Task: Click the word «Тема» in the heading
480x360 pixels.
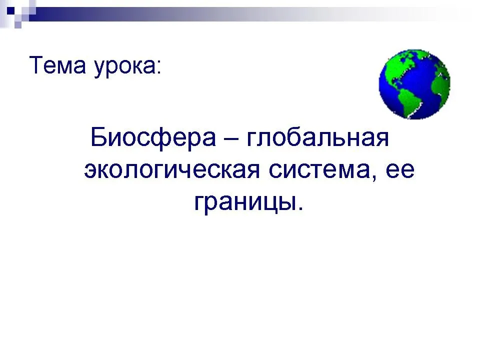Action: pos(57,64)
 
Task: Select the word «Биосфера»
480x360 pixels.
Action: pos(153,138)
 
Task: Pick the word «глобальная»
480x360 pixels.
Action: pos(317,138)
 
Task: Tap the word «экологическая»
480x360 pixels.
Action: pos(172,170)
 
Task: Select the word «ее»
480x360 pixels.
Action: pos(400,170)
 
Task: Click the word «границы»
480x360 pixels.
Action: pos(245,202)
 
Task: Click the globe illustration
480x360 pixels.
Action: pos(414,84)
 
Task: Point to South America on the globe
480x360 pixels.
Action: pos(410,101)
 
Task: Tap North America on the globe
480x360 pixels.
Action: pos(398,67)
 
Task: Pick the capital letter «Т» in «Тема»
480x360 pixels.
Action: pos(36,64)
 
